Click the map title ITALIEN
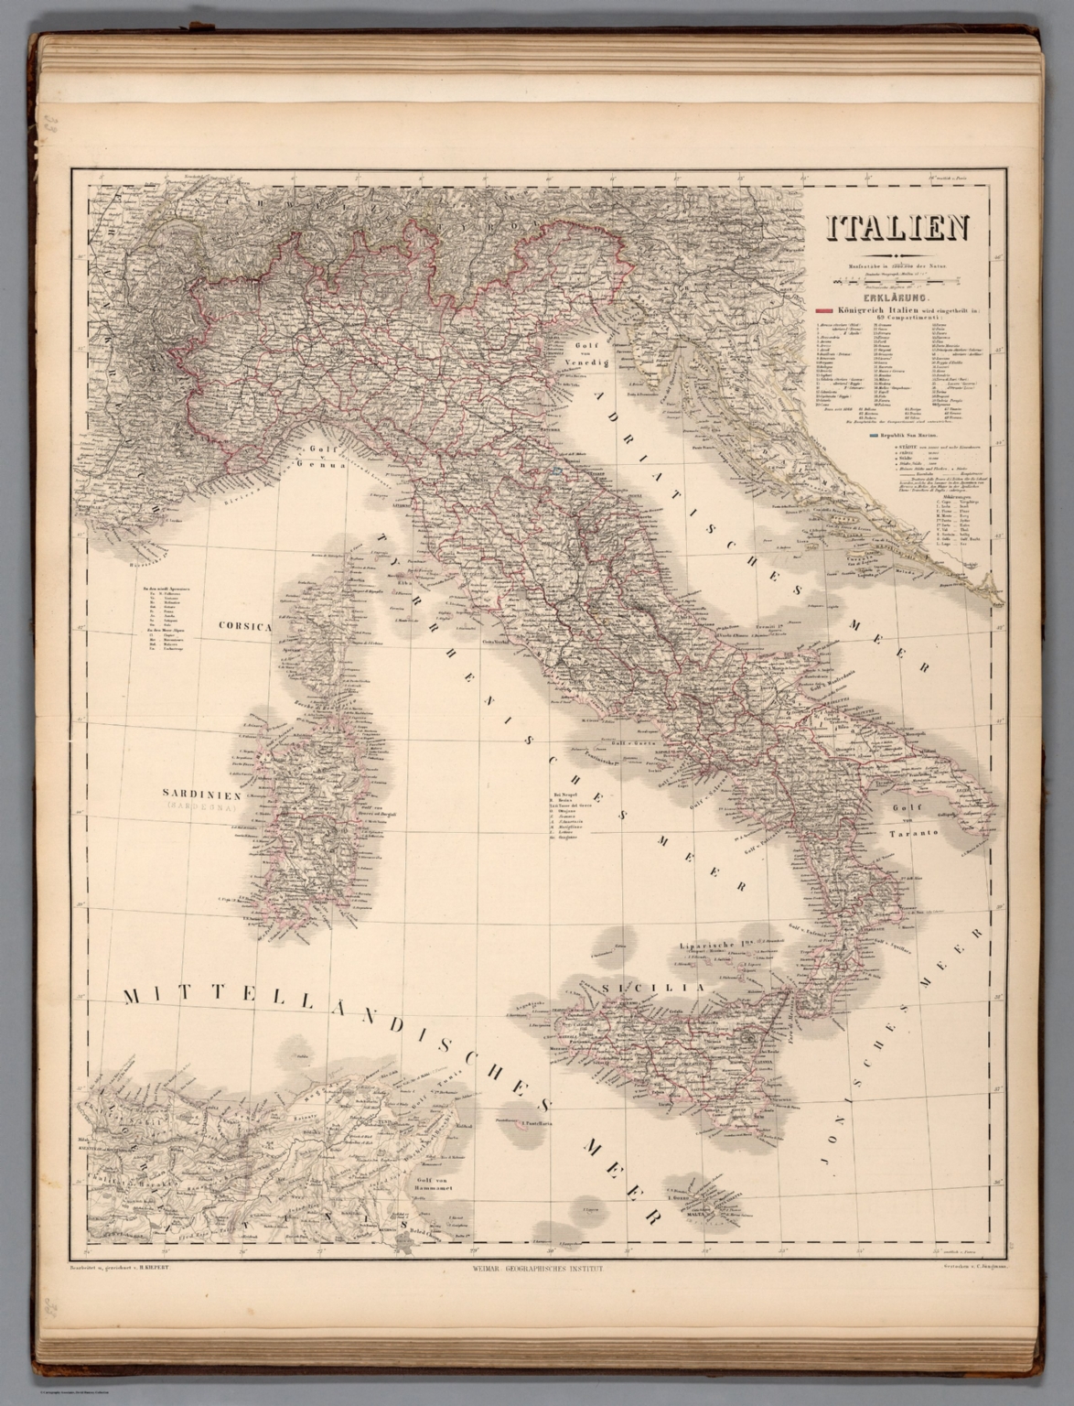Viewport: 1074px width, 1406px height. (x=898, y=229)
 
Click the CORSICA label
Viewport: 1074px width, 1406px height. (x=246, y=627)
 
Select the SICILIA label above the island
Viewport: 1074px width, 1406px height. (x=653, y=988)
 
